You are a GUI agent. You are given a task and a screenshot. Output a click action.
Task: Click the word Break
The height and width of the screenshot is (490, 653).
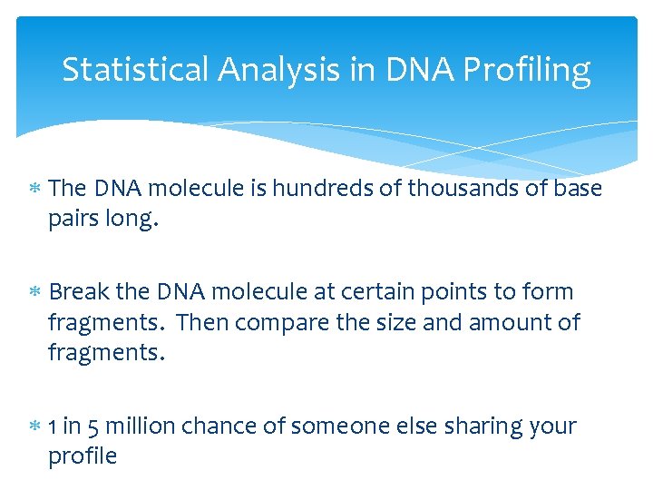coord(80,292)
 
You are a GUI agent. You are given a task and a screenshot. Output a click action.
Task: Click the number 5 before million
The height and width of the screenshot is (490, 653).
coord(93,426)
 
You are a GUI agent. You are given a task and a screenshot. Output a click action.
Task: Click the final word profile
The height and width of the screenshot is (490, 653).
coord(83,456)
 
